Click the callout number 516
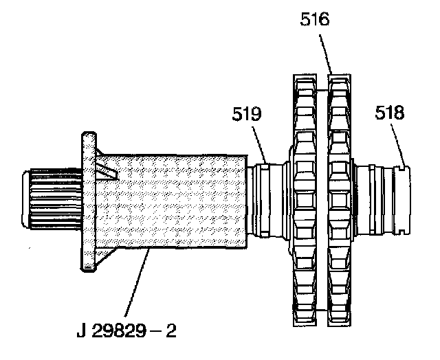point(315,19)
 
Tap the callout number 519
point(246,113)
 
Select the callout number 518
point(390,113)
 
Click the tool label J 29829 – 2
point(126,330)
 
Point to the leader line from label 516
point(326,54)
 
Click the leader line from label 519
point(259,145)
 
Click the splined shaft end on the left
point(52,199)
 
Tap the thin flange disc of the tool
point(89,201)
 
